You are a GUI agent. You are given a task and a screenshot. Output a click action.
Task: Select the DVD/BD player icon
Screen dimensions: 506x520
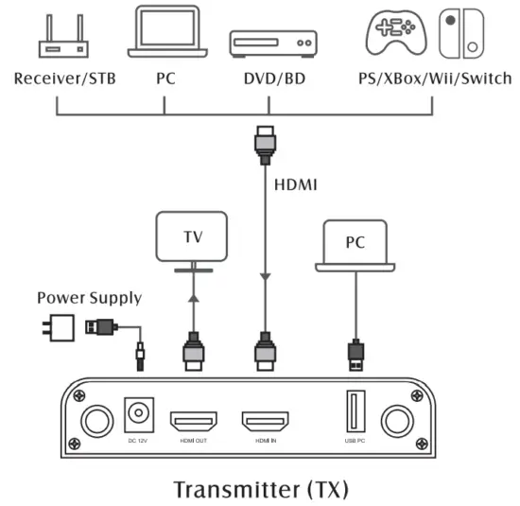coord(271,44)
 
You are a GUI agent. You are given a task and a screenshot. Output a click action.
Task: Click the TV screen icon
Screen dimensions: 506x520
coord(193,237)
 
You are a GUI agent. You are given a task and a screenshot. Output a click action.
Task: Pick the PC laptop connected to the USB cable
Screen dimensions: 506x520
coord(355,245)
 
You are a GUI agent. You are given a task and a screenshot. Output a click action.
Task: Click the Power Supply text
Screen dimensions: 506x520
coord(90,298)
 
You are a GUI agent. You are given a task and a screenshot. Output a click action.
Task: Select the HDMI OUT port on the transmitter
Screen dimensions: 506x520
coord(194,420)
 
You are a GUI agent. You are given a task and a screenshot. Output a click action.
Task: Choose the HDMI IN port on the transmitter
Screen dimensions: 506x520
coord(264,420)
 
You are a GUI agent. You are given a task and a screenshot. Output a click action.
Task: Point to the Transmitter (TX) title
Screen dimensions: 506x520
coord(261,489)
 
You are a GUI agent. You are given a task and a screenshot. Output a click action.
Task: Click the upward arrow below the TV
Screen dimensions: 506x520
coord(193,297)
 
